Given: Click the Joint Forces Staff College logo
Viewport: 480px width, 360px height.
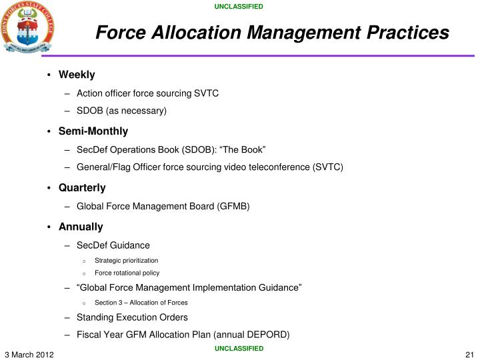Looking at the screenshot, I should pos(27,28).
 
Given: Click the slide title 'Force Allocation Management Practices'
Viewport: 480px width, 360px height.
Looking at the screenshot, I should pos(271,31).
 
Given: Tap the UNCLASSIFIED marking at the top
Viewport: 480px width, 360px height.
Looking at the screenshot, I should pos(239,7).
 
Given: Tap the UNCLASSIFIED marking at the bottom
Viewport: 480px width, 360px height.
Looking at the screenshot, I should pos(239,348).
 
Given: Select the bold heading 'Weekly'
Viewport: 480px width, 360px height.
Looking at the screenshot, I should pos(77,74).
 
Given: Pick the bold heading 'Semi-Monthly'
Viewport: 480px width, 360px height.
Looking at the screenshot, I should pos(93,131).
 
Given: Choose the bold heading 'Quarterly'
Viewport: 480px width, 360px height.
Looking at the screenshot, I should pos(82,188).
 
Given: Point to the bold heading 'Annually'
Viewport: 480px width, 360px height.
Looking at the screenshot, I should pos(81,227).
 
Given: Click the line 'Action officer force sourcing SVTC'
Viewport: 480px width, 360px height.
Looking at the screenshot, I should pos(147,93).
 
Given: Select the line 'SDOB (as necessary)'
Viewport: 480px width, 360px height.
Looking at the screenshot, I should pos(121,110).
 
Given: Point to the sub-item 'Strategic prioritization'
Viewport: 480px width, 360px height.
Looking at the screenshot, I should pos(127,260).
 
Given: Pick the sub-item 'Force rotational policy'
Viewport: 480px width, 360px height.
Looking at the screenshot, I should pos(127,273).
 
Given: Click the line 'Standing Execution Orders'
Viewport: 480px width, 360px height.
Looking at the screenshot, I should pos(132,317).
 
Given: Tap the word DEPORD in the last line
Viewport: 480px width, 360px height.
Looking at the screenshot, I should pos(268,335).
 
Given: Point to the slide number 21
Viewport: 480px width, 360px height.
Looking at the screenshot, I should pos(469,353).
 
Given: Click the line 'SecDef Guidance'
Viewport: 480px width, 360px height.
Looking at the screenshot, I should pos(113,245).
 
